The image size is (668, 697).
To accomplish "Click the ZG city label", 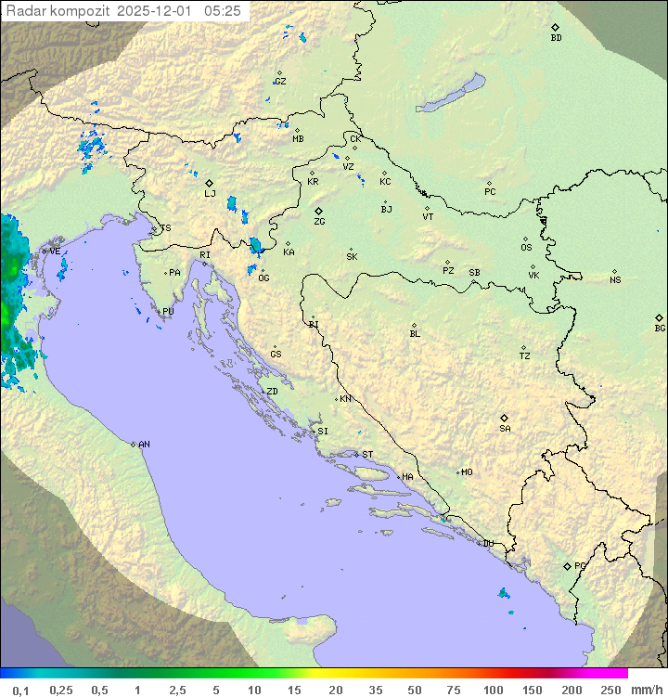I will (319, 222).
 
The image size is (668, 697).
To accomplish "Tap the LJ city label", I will (210, 194).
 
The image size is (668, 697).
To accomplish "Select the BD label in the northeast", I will (556, 38).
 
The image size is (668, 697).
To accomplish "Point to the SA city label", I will (505, 429).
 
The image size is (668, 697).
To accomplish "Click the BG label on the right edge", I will (660, 328).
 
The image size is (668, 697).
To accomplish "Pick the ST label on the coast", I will (367, 455).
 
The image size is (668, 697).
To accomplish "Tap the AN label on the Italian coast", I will (144, 445).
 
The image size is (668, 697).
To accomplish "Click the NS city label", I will (615, 280).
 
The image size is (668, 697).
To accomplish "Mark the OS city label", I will (526, 248).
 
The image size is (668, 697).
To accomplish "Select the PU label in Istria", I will (168, 312).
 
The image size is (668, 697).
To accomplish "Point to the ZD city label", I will (272, 392).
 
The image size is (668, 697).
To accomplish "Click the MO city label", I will (467, 472).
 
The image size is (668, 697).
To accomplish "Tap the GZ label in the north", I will (280, 82).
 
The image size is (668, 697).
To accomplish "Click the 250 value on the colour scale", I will (610, 690).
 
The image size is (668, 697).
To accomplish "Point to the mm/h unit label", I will (646, 690).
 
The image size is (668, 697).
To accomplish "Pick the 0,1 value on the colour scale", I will (20, 690).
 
